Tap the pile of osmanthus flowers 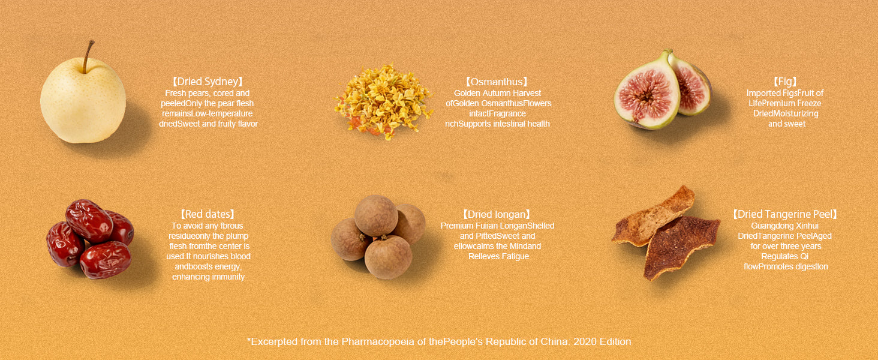(383, 101)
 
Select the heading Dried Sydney (208, 82)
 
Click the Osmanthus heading (497, 82)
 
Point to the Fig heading (784, 82)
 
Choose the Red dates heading (208, 214)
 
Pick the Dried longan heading (497, 215)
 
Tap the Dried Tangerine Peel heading (785, 214)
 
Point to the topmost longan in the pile (376, 215)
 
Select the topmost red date (89, 221)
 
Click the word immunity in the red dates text (228, 277)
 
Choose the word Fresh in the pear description (175, 94)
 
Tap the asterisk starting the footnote (248, 340)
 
